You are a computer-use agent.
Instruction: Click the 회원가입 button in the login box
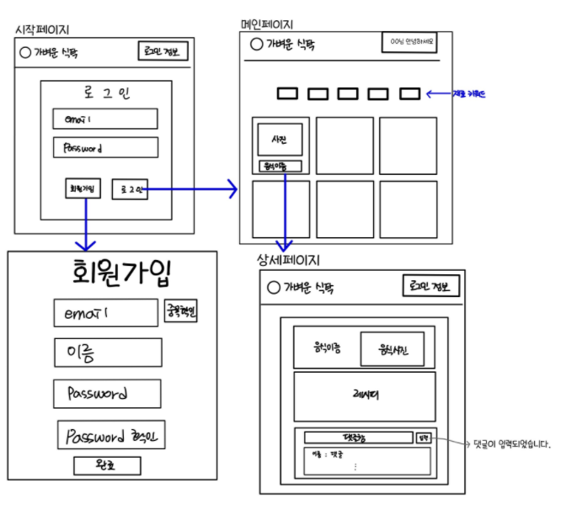click(x=83, y=189)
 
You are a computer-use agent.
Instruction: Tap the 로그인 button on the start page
click(x=129, y=189)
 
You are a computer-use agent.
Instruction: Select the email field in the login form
click(x=104, y=119)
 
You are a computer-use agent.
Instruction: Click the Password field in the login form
click(x=104, y=147)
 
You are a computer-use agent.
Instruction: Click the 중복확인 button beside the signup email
click(x=181, y=313)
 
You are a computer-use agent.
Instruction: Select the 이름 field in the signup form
click(x=107, y=353)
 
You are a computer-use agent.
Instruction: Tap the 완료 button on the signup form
click(x=107, y=465)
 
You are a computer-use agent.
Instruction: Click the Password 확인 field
click(x=111, y=436)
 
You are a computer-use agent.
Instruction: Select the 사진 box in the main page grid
click(x=280, y=138)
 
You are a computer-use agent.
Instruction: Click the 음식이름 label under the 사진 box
click(x=279, y=166)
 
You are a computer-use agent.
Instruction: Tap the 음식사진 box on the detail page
click(x=392, y=348)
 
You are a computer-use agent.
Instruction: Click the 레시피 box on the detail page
click(x=364, y=396)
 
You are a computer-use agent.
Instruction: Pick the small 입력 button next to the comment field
click(x=423, y=437)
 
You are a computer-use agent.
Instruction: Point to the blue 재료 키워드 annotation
click(x=468, y=93)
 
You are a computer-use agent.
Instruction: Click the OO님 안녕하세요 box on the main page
click(x=410, y=42)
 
